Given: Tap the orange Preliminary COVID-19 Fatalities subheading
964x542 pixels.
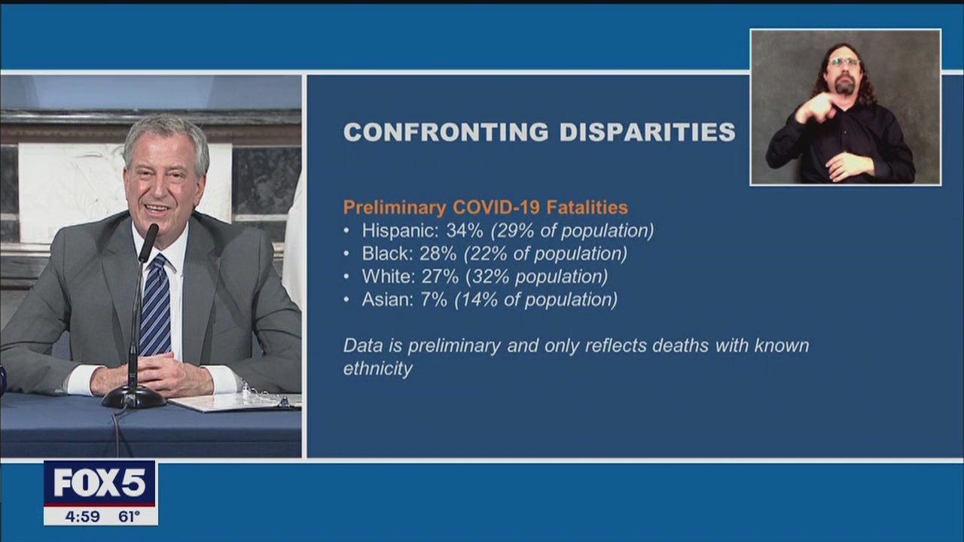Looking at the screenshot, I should (x=485, y=207).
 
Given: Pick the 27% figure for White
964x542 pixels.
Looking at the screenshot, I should (x=439, y=276).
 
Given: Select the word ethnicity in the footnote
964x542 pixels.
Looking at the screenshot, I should (x=377, y=369).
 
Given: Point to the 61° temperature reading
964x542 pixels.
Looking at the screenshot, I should (x=129, y=516).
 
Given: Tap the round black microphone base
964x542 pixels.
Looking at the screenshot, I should (x=133, y=397).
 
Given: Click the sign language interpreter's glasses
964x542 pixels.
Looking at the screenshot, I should (x=844, y=62).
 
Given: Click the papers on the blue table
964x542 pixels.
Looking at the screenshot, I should (x=233, y=402).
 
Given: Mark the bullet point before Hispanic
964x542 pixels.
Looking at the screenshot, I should (x=346, y=231).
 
